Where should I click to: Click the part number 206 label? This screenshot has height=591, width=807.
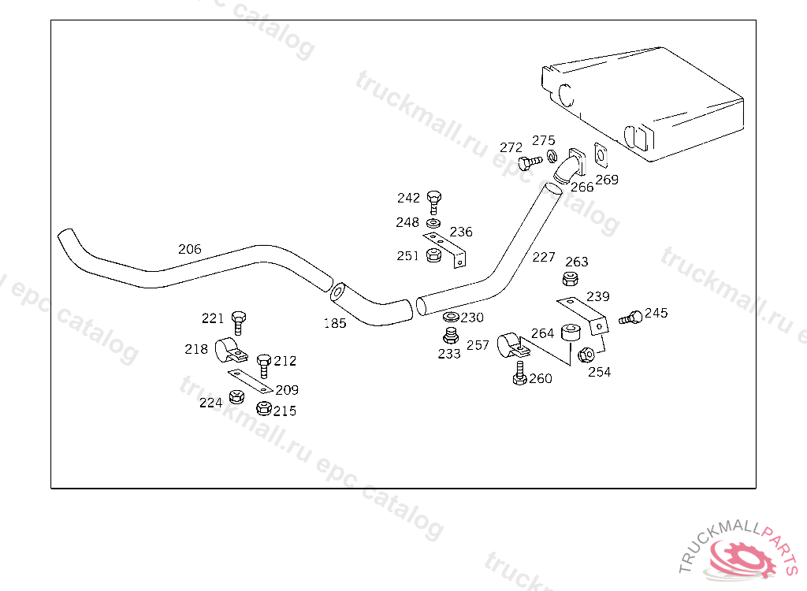pyautogui.click(x=189, y=249)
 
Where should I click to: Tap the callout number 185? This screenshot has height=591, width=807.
pyautogui.click(x=335, y=323)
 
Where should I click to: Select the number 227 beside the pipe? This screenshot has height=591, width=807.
pyautogui.click(x=544, y=257)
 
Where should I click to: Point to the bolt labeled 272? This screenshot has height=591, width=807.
pyautogui.click(x=530, y=162)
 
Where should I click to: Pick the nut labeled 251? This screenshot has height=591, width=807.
pyautogui.click(x=432, y=255)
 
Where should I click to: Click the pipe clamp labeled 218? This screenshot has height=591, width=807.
pyautogui.click(x=229, y=348)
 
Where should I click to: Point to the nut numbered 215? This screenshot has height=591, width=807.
pyautogui.click(x=264, y=408)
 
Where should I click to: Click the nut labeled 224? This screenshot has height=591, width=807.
pyautogui.click(x=235, y=396)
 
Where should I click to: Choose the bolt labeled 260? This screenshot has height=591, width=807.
pyautogui.click(x=519, y=373)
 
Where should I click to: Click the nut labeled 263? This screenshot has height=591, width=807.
pyautogui.click(x=569, y=278)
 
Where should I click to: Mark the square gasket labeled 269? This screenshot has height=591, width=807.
pyautogui.click(x=601, y=156)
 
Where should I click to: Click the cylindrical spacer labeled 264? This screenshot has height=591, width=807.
pyautogui.click(x=571, y=332)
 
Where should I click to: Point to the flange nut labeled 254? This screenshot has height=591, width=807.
pyautogui.click(x=586, y=355)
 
